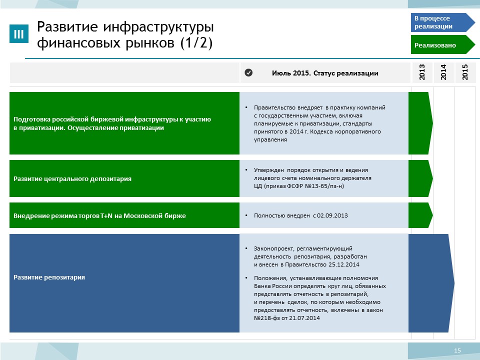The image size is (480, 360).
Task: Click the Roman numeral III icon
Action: [x=19, y=33]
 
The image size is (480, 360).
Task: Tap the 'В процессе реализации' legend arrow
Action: [x=442, y=22]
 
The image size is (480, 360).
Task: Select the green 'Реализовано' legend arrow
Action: [x=442, y=44]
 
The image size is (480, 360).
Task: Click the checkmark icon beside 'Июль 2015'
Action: [x=248, y=72]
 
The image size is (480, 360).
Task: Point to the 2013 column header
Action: [x=422, y=72]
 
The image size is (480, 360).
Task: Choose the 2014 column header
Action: [x=443, y=72]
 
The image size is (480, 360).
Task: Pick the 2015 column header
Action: [x=465, y=72]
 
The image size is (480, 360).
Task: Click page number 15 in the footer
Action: [x=457, y=350]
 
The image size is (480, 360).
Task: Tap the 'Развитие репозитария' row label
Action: [x=49, y=277]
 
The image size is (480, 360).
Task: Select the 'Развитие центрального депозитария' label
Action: [x=72, y=179]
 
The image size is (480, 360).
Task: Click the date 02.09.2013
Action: [x=332, y=215]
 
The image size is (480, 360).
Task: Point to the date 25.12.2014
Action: [x=344, y=264]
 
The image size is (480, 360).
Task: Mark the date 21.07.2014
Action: [x=304, y=318]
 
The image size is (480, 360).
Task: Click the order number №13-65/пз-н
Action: [x=324, y=186]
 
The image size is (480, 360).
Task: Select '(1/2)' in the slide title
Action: [x=196, y=42]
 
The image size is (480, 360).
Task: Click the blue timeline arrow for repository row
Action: [x=431, y=283]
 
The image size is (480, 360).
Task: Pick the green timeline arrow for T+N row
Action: [x=420, y=215]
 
